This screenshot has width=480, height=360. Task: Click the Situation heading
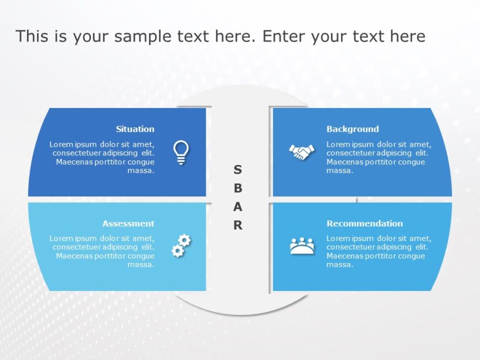click(135, 129)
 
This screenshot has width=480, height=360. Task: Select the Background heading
click(353, 129)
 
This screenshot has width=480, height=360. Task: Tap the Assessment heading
click(128, 223)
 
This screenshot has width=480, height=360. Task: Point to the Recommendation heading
click(364, 223)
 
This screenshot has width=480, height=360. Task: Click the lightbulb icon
click(181, 152)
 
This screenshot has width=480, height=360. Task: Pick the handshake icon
click(302, 152)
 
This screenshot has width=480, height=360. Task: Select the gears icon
click(181, 246)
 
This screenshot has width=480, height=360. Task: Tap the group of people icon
click(302, 246)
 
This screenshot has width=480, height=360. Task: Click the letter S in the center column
click(237, 169)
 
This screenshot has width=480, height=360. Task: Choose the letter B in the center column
click(237, 188)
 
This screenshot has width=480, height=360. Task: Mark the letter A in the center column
click(237, 207)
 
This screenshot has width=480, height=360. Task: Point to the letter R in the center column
click(237, 225)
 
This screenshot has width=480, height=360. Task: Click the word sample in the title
click(145, 36)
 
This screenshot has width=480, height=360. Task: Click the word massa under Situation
click(141, 171)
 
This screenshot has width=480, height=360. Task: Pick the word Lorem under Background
click(337, 144)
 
